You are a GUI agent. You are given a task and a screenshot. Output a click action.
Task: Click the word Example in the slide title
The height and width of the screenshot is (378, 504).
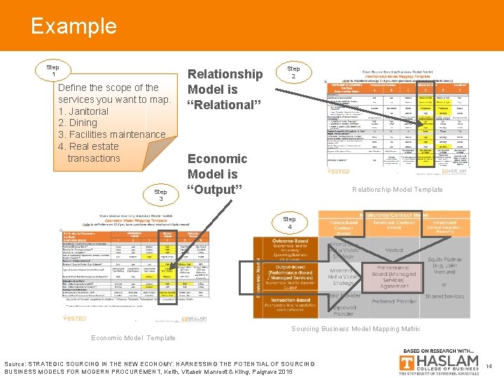point(73,27)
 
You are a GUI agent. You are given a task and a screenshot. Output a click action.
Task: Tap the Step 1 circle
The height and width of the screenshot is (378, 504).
point(53,70)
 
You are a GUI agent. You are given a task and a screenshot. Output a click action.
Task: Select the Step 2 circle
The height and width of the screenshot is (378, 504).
point(293,73)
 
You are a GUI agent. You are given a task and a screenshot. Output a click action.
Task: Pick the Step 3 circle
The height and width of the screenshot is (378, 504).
point(160,195)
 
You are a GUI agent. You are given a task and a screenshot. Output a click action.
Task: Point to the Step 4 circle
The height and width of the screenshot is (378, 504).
point(289,223)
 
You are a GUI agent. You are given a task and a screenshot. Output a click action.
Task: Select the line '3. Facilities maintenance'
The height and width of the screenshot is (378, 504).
point(112,134)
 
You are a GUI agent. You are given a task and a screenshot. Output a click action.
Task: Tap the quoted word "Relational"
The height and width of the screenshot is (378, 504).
point(225,105)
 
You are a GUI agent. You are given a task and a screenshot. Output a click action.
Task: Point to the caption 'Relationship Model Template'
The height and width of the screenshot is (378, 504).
point(397,190)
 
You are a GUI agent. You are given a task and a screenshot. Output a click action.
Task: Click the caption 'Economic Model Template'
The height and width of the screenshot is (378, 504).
point(133,338)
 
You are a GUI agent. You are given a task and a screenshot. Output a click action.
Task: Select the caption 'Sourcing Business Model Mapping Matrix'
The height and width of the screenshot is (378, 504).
point(356,329)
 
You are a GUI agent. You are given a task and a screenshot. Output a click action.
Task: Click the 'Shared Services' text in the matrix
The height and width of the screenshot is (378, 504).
point(465,296)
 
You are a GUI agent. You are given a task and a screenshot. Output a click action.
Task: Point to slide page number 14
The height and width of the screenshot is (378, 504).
point(489,365)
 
